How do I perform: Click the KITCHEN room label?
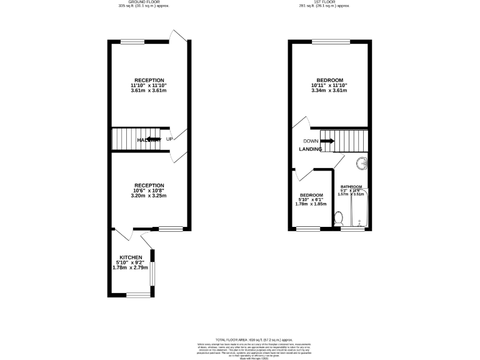coord(131,257)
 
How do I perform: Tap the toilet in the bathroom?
coord(339,218)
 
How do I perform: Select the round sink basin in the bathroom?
coord(362,164)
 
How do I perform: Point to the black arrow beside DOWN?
coord(327,141)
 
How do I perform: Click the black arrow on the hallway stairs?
coord(153,139)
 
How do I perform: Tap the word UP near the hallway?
coord(169,139)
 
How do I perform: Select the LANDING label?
coord(311,149)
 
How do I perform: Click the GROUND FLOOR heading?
coord(143,2)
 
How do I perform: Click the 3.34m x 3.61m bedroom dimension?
coord(329,91)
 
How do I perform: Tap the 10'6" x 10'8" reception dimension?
coord(149,191)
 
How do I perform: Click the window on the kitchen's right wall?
coord(152,267)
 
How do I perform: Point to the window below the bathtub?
coord(354,229)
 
